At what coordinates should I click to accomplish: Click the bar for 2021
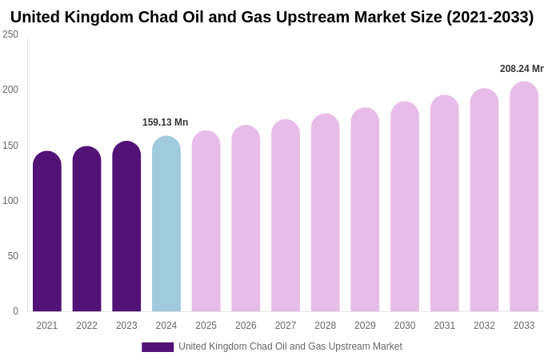pos(47,232)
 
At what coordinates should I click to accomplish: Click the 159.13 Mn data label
pos(165,122)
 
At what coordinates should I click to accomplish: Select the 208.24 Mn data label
pos(521,69)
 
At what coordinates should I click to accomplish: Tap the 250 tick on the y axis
pos(10,34)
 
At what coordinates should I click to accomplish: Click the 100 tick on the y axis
pos(10,201)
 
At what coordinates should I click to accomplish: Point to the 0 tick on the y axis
pos(15,311)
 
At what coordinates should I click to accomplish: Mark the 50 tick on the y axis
pos(13,256)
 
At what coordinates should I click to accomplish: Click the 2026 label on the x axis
pos(246,326)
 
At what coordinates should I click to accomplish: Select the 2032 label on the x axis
pos(484,326)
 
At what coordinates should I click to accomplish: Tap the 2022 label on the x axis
pos(86,326)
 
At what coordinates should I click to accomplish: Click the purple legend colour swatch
pos(158,347)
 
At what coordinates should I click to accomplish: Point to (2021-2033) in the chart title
pos(490,17)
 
